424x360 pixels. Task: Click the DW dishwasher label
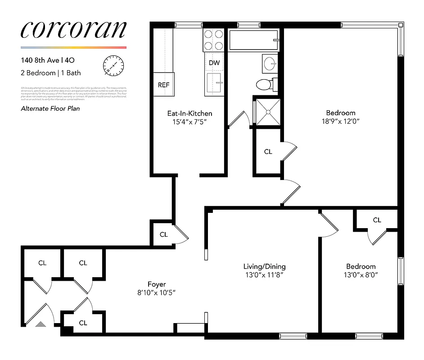214,63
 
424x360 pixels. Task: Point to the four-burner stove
214,40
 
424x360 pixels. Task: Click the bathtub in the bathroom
254,40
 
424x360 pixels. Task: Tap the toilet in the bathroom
264,84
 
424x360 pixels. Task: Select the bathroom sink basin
270,63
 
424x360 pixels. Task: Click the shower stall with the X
267,111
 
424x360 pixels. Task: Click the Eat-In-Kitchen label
189,113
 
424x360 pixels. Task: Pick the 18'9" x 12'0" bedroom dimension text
341,121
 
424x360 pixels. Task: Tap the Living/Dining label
264,266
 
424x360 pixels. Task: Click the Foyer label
157,284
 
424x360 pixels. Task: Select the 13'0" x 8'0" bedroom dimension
361,274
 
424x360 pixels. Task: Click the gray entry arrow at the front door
41,324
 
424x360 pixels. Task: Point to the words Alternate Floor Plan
50,108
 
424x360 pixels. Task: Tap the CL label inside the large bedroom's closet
268,152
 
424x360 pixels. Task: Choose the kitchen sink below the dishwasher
214,83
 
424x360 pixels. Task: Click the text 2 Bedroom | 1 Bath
51,72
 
